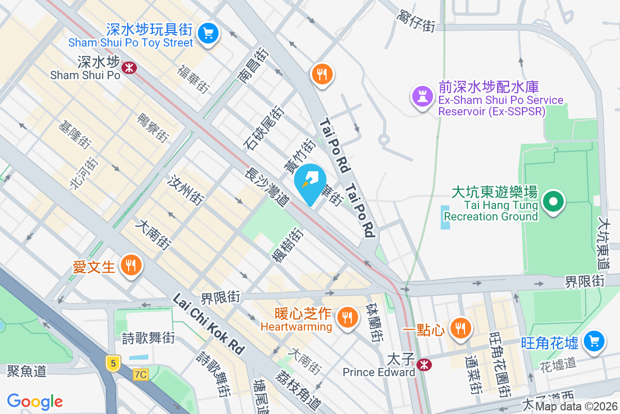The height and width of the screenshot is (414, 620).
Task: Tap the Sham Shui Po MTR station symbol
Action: click(128, 67)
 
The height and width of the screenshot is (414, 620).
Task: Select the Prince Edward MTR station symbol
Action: click(424, 365)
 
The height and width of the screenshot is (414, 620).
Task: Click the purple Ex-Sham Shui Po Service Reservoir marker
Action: click(422, 96)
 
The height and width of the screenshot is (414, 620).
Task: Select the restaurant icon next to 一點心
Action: click(459, 328)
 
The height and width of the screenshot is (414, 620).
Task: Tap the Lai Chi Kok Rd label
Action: click(208, 324)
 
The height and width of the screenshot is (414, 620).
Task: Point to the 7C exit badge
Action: click(140, 374)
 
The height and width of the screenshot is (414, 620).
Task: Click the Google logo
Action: click(35, 402)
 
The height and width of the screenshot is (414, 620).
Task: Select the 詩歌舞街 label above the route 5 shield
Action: click(148, 338)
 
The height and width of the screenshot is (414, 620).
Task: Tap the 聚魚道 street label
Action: click(26, 371)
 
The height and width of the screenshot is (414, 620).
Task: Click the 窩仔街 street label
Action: click(416, 20)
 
